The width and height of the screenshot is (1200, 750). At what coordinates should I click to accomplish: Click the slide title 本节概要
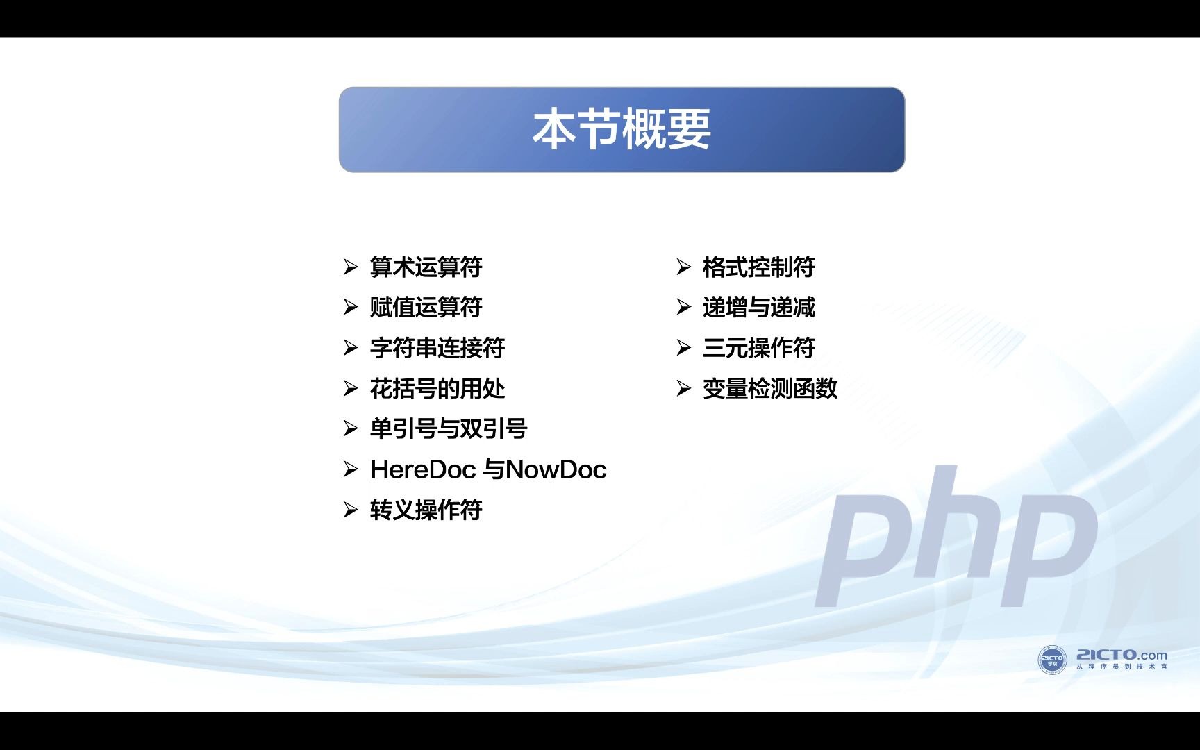[622, 129]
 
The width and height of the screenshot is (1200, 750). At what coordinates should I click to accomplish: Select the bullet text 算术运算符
[426, 267]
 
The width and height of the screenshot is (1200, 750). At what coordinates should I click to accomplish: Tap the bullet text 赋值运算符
[426, 307]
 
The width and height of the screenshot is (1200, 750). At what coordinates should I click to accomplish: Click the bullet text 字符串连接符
[437, 347]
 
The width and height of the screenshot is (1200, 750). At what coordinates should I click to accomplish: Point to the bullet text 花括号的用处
[437, 388]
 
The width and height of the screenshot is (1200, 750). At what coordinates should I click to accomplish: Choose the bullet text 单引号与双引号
[448, 428]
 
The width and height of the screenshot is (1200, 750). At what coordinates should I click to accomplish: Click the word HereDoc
[422, 469]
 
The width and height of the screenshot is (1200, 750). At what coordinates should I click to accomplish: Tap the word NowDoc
[556, 469]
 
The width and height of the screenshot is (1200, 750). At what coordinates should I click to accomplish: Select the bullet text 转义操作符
[426, 510]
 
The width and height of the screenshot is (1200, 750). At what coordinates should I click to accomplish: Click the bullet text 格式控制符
[758, 267]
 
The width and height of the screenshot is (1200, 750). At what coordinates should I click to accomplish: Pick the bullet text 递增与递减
[758, 307]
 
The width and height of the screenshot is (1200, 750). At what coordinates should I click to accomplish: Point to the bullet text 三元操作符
[758, 347]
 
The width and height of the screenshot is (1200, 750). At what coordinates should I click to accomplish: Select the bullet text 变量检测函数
[769, 388]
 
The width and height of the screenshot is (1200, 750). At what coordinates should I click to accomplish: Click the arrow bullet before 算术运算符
[351, 267]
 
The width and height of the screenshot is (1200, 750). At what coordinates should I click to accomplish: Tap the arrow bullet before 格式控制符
[684, 267]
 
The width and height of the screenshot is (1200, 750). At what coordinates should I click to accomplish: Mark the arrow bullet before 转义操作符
[351, 510]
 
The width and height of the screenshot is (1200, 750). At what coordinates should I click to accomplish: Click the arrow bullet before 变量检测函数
[684, 388]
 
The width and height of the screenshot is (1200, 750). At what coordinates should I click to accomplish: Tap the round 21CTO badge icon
[1051, 659]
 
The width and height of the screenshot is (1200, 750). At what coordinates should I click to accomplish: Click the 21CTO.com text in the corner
[1122, 655]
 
